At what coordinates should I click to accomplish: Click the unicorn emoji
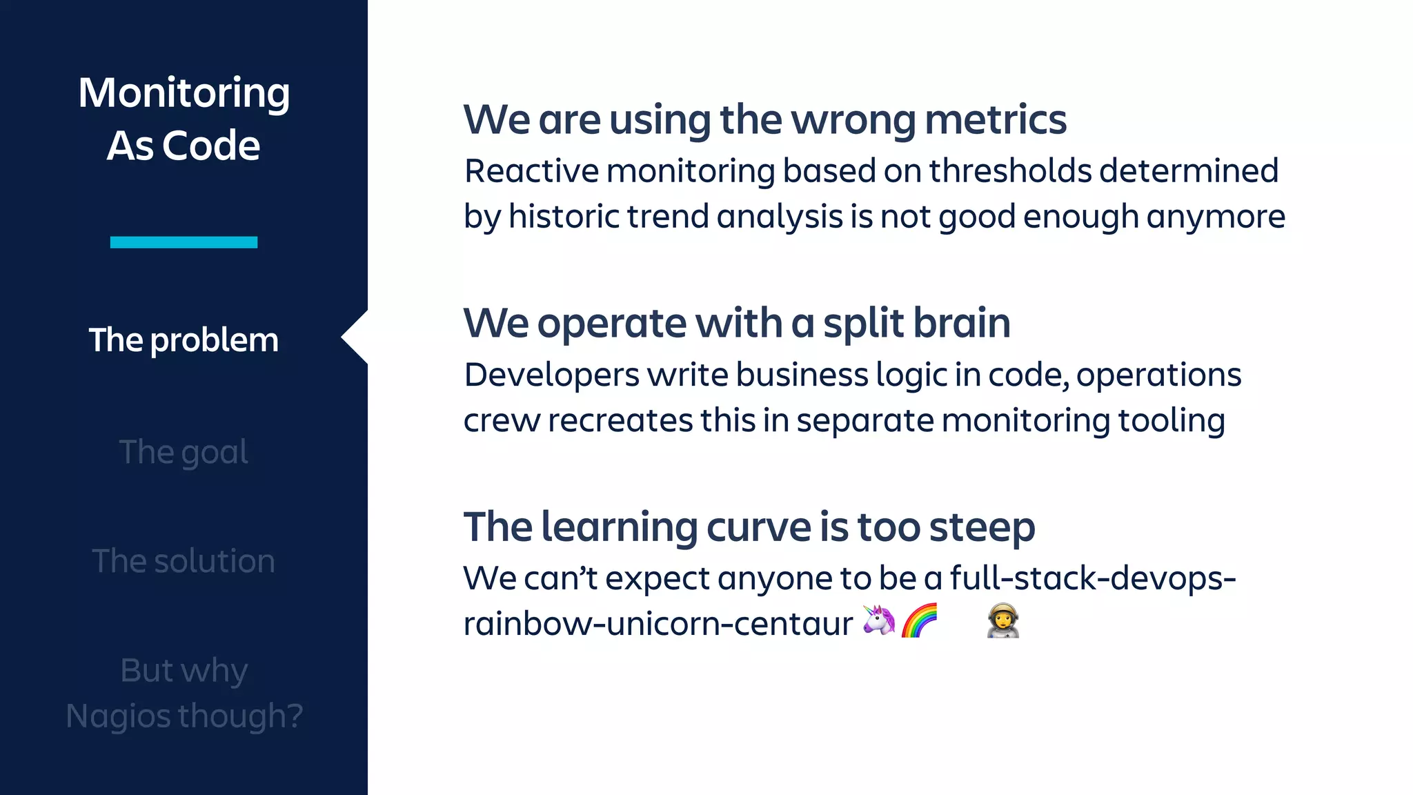tap(879, 620)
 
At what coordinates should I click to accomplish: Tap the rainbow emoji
tap(920, 620)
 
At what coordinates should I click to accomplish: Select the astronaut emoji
tap(1002, 620)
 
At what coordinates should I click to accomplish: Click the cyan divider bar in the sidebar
tap(184, 242)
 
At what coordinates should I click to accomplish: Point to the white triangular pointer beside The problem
tap(356, 337)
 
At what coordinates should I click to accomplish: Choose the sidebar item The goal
tap(184, 453)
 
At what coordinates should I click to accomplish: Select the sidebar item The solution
tap(184, 561)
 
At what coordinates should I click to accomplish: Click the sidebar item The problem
tap(184, 340)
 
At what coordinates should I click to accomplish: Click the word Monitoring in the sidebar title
tap(184, 93)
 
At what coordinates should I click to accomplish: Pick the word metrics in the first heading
tap(995, 120)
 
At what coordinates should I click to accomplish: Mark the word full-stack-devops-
tap(1092, 578)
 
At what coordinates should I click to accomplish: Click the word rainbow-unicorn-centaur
tap(658, 624)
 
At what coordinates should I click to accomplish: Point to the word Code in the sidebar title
tap(211, 146)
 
